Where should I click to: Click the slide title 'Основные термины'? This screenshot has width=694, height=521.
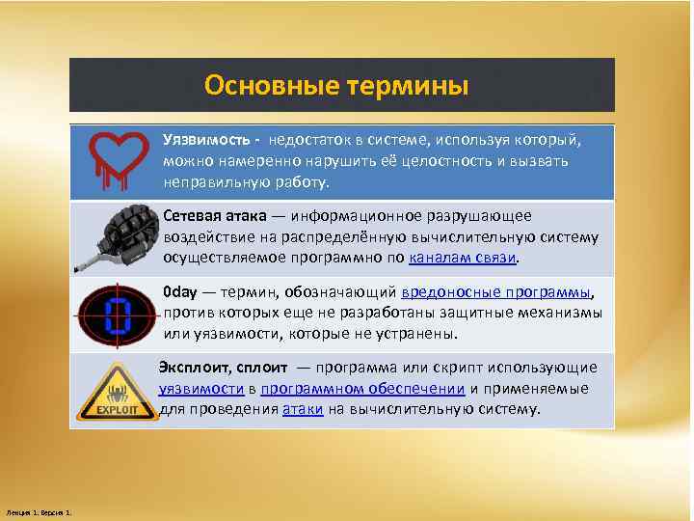336,87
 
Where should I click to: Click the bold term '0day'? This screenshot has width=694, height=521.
179,292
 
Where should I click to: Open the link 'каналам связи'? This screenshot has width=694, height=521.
464,258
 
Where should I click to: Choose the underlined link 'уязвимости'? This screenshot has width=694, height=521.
200,388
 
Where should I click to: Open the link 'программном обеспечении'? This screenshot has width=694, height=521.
362,388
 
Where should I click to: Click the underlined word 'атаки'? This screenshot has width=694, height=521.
302,408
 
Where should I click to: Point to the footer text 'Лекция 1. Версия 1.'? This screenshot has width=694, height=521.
44,510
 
